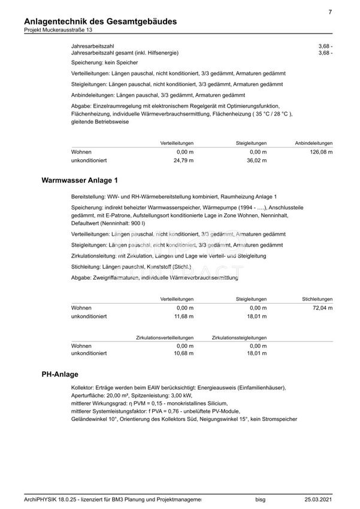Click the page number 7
tap(331, 12)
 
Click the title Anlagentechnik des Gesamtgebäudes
tap(101, 22)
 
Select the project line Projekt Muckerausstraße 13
tap(59, 31)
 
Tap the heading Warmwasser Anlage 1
tap(80, 180)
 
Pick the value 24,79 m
tap(184, 161)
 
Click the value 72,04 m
tap(322, 307)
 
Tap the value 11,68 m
tap(184, 316)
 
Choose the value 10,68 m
tap(184, 354)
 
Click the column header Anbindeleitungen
tap(314, 144)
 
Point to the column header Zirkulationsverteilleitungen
tap(165, 338)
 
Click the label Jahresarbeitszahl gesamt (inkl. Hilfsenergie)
tap(124, 53)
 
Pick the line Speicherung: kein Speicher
tap(104, 62)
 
